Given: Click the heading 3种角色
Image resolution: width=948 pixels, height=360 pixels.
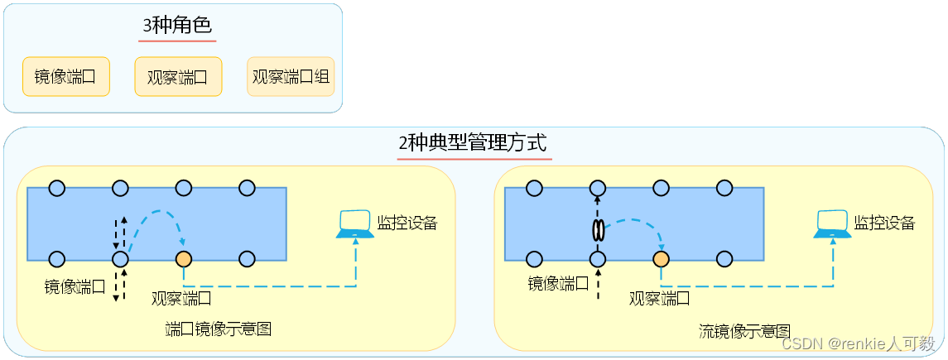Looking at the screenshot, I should coord(177,26).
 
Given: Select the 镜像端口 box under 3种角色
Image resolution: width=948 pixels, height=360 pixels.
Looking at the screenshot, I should coord(65,77).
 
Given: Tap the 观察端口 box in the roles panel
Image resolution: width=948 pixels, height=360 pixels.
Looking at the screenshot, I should coord(178,77).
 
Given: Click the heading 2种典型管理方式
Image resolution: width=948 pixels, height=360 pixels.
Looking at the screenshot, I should coord(473,144).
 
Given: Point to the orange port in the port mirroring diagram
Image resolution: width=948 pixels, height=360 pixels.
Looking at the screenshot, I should coord(183,259).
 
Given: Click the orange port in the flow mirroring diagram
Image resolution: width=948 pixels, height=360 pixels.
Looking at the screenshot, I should coord(661,259).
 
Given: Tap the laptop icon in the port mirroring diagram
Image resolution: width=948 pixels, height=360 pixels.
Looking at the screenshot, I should coord(354,224).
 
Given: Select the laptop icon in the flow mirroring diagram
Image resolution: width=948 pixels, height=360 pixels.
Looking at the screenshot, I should coord(832,224).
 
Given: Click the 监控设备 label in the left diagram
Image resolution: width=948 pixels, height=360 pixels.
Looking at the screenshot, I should coord(407,223).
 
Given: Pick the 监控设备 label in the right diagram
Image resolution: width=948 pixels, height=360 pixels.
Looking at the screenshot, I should coord(884,223).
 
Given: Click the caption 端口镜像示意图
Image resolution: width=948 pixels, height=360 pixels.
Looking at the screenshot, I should coord(219,329).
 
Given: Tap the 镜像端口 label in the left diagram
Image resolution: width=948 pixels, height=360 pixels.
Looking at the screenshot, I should coord(75,286).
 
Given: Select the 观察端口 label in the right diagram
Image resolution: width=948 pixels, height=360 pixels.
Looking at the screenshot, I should coord(660,297).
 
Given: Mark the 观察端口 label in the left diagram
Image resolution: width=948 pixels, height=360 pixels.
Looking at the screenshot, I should coord(181,297).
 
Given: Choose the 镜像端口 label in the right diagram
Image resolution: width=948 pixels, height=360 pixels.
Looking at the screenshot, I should coord(559,284).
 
